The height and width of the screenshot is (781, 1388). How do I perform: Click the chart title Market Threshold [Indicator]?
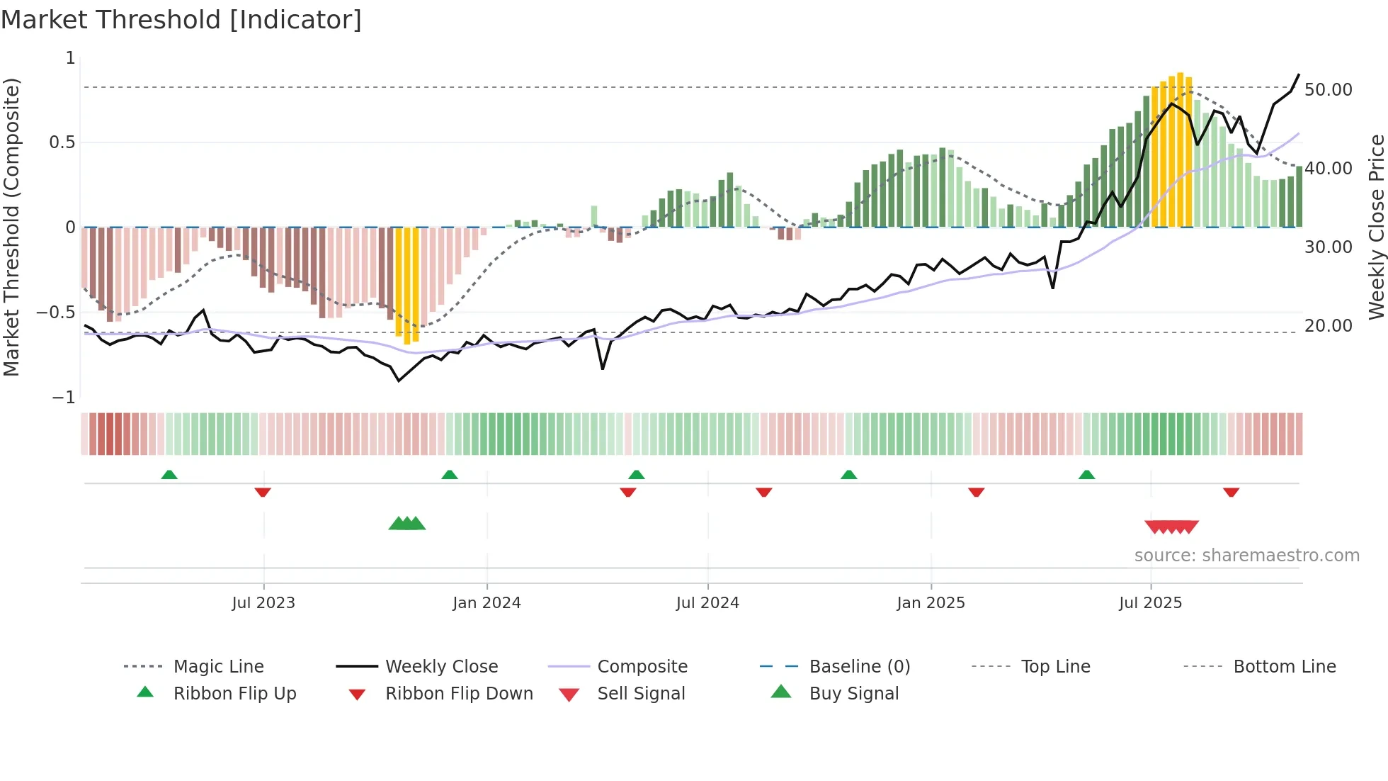181,20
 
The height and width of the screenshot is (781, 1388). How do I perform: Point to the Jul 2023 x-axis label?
263,602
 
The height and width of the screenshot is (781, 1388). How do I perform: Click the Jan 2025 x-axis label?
931,602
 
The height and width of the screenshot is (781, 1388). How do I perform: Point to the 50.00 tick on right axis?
1328,90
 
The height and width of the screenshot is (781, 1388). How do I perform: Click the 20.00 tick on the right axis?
1328,326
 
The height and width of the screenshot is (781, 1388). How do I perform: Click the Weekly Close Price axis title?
1375,227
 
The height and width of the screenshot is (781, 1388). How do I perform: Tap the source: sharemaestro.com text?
1246,555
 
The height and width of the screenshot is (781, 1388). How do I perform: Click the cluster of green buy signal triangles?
407,524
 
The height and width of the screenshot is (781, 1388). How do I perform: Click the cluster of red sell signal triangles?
1171,527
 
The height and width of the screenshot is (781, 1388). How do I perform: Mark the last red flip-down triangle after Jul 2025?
1231,492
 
